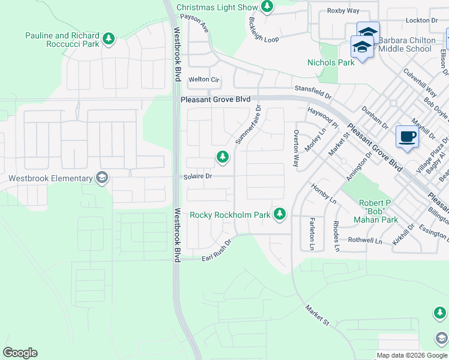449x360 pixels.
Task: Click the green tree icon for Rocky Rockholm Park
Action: (x=279, y=214)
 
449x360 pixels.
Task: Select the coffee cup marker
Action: (x=407, y=137)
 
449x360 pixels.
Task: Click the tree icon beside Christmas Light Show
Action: (x=267, y=7)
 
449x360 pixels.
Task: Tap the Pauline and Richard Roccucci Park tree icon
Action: (x=108, y=40)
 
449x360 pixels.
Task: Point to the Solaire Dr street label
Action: (x=197, y=176)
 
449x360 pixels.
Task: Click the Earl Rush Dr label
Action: (x=216, y=256)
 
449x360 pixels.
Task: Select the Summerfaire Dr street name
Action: (x=248, y=125)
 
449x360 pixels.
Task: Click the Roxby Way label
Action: (x=343, y=11)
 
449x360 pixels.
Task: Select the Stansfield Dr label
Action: (x=312, y=91)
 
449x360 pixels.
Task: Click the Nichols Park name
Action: (x=331, y=62)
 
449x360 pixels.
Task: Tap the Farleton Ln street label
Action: (x=312, y=234)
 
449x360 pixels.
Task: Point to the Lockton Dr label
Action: (x=421, y=20)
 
